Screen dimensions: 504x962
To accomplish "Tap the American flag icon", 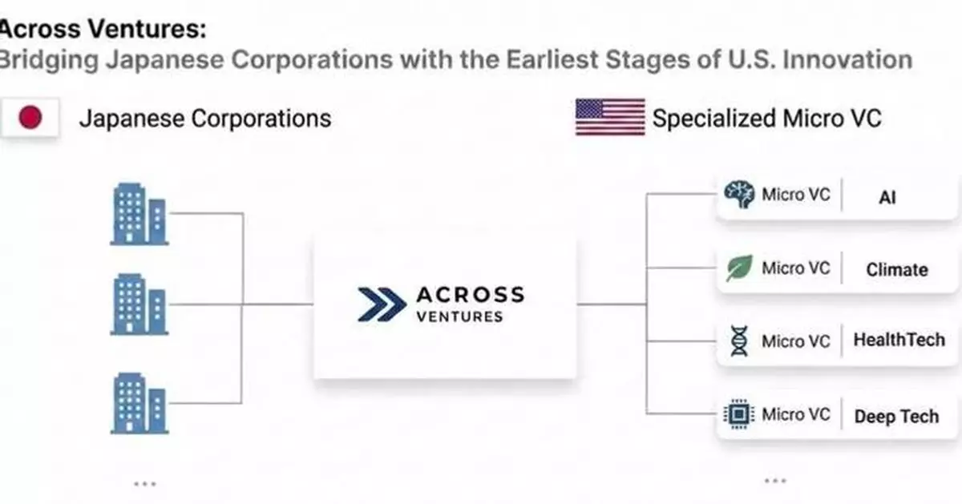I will click(x=610, y=118).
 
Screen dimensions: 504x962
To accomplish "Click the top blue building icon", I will click(x=139, y=213).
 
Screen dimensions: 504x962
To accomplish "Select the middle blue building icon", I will click(x=139, y=304).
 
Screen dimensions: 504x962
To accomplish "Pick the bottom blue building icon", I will click(x=139, y=402).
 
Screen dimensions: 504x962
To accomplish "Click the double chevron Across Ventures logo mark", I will click(x=382, y=304).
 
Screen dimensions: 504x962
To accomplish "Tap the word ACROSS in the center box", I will click(x=470, y=294).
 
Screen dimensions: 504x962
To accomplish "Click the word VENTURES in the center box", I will click(x=459, y=316).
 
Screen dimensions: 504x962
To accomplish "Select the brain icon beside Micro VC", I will click(x=738, y=195).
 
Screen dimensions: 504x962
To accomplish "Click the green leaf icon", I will click(x=738, y=268).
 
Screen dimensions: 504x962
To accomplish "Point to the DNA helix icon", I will click(x=738, y=341).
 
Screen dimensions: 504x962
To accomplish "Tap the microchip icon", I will click(x=738, y=414).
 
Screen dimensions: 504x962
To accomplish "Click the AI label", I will click(x=887, y=198).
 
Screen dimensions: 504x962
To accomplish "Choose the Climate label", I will click(x=896, y=270).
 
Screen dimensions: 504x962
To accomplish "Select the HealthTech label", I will click(x=899, y=340).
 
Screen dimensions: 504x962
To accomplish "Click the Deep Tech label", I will click(x=895, y=417).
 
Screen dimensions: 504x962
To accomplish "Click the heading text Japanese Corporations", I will click(x=204, y=119).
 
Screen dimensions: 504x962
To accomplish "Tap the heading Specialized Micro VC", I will click(x=767, y=119).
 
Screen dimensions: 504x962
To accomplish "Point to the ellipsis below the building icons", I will click(x=144, y=483).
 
